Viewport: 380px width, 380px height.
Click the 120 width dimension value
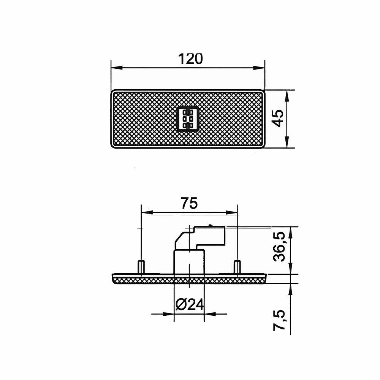(190, 59)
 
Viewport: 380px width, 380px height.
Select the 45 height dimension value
(277, 118)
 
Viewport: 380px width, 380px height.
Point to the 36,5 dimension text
(279, 246)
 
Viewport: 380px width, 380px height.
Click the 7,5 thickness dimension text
(279, 320)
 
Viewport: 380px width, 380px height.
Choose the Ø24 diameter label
(189, 305)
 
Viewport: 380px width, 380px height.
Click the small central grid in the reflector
(188, 119)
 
